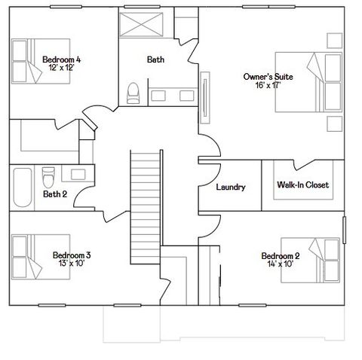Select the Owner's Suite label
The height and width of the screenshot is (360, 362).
[268, 77]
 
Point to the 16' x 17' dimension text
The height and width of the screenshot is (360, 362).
[268, 85]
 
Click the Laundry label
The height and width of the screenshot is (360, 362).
[230, 187]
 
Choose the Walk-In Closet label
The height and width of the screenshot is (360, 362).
[302, 185]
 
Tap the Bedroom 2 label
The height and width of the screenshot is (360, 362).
[281, 255]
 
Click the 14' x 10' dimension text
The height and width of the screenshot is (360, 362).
[281, 264]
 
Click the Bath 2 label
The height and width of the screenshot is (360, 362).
[55, 194]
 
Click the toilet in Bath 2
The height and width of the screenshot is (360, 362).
[48, 177]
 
